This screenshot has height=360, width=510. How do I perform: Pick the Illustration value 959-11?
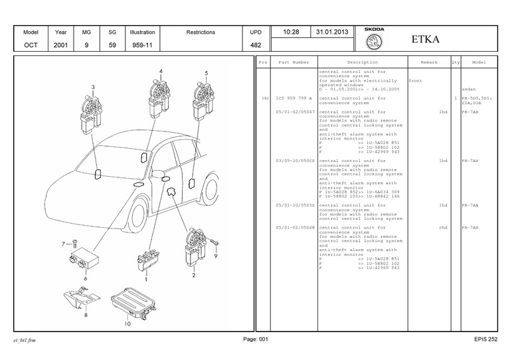142,45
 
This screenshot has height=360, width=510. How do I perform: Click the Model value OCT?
31,45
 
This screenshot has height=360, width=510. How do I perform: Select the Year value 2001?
61,45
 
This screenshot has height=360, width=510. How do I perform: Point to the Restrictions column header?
201,32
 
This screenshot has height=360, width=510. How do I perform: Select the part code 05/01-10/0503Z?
296,205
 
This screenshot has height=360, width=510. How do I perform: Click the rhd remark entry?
443,227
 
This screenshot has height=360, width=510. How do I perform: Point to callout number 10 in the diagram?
127,324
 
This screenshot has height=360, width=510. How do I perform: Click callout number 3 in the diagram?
93,88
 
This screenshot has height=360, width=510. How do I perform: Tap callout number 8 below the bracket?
86,315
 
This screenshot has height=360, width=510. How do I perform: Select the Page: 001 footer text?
256,339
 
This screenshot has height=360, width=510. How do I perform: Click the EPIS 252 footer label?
485,339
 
